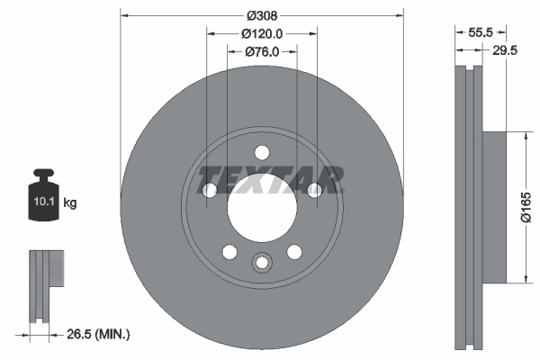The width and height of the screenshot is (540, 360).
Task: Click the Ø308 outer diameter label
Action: (261, 15)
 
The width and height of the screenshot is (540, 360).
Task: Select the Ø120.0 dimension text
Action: (262, 33)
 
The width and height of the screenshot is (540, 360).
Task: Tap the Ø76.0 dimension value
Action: (262, 52)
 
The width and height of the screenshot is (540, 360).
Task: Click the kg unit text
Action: (70, 204)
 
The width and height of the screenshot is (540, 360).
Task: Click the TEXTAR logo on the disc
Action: (270, 180)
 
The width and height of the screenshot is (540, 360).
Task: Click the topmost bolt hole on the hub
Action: (261, 152)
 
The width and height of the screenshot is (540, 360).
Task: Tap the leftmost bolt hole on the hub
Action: (210, 190)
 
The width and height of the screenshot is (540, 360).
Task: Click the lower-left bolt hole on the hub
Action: (229, 251)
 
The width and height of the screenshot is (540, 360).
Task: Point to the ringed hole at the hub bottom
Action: (261, 263)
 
